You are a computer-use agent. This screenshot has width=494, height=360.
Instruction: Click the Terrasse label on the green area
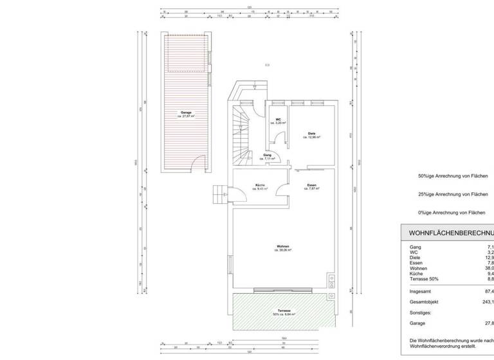(282, 312)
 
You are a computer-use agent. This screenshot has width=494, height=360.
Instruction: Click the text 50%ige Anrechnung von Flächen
(453, 175)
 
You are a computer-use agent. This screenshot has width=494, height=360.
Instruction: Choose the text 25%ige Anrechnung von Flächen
(453, 194)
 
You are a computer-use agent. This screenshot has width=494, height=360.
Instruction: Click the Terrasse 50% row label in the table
(425, 279)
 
